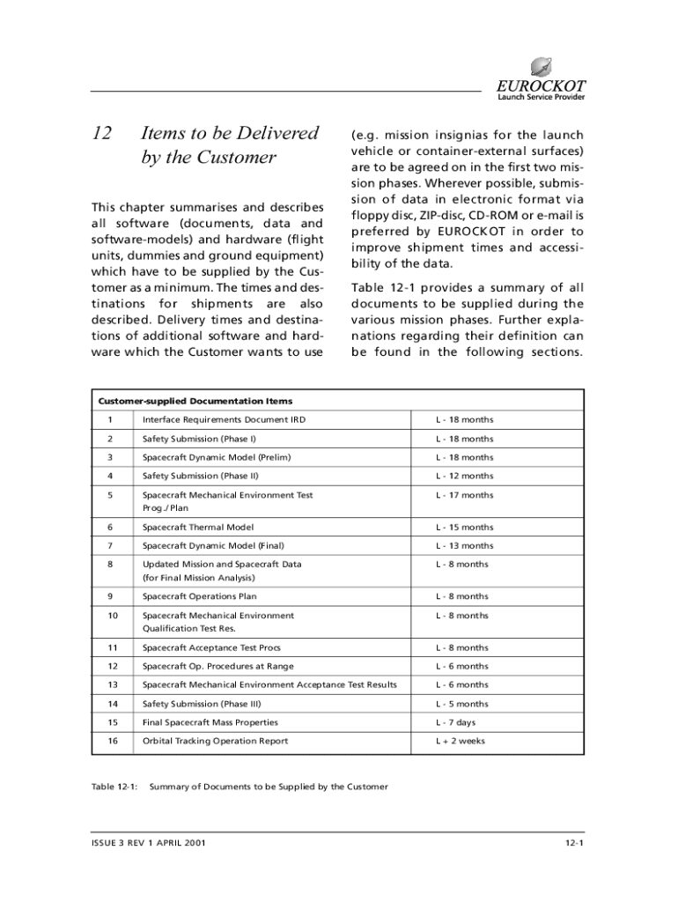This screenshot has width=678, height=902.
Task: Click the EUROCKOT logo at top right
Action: coord(539,80)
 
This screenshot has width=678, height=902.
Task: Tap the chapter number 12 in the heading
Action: coord(102,134)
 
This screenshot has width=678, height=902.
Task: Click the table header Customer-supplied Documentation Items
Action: coord(195,401)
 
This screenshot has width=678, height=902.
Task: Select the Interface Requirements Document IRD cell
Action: coord(224,419)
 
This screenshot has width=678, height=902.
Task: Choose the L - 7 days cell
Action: coord(455,722)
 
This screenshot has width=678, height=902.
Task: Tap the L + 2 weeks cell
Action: coord(460,741)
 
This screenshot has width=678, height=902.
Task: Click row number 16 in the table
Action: coord(112,741)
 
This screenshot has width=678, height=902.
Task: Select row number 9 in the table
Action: coord(110,596)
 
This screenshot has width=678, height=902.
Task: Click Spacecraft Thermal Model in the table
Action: coord(198,528)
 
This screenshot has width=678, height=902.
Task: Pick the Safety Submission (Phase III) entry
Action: coord(202,704)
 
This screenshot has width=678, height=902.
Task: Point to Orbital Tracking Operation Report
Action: coord(215,741)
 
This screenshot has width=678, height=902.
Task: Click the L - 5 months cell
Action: coord(461,704)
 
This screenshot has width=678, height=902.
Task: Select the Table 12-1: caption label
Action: coord(114,787)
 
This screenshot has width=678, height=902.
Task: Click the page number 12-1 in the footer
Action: coord(576,843)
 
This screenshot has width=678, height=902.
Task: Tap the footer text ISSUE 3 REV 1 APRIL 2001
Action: coord(149,843)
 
